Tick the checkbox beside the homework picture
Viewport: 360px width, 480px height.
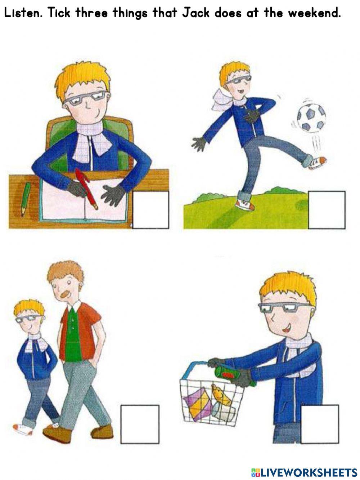150,210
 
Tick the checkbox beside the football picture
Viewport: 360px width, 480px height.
327,210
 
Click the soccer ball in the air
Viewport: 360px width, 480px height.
311,118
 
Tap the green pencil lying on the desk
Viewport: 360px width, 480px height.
26,199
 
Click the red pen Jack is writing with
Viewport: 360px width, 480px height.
86,188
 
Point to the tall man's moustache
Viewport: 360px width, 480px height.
65,294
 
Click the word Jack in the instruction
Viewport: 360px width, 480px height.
196,13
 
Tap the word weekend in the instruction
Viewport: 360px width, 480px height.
314,13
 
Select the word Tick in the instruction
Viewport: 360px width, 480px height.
59,13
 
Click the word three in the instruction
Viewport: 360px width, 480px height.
91,13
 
